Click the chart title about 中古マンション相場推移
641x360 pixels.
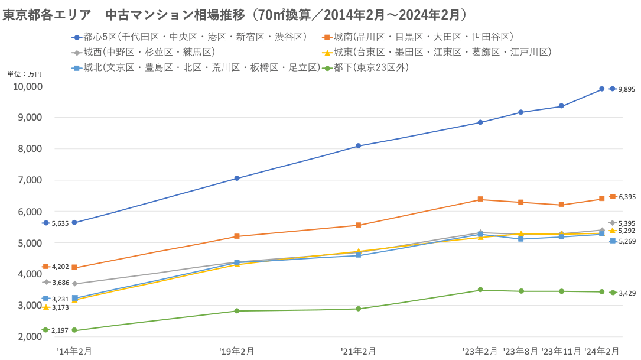coord(236,14)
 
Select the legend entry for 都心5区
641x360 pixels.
coord(189,37)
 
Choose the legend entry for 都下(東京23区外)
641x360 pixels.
coord(366,67)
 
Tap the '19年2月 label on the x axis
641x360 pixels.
coord(237,351)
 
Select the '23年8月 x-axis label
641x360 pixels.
coord(520,351)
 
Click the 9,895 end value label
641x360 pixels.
coord(626,89)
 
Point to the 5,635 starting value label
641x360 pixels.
coord(60,223)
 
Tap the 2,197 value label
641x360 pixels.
coord(60,330)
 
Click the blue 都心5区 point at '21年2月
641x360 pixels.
coord(359,146)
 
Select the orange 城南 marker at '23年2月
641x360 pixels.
coord(480,199)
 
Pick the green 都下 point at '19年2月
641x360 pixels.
coord(237,311)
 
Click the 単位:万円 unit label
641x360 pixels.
coord(24,74)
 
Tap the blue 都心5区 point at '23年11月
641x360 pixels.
coord(561,106)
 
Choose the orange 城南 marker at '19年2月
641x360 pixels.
coord(237,236)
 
